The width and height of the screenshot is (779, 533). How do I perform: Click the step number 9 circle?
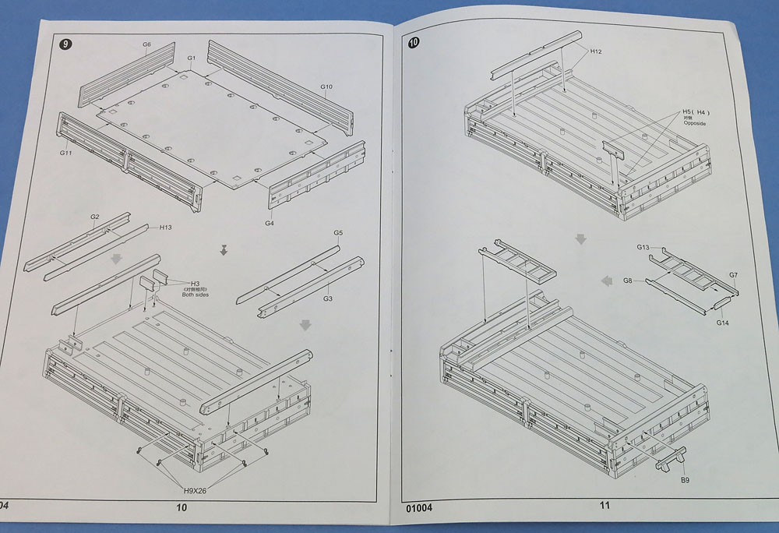[x=66, y=44]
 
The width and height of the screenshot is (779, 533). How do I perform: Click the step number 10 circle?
[x=414, y=44]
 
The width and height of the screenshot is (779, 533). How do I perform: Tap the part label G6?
[x=146, y=44]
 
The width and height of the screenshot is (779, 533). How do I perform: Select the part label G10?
[x=326, y=86]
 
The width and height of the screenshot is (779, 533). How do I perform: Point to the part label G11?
[x=65, y=154]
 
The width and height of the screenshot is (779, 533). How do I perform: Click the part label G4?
[x=269, y=224]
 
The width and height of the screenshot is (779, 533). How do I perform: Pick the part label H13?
[x=166, y=228]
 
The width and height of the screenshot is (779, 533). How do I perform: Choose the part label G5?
[x=338, y=233]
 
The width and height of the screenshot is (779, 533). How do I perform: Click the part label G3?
[x=328, y=298]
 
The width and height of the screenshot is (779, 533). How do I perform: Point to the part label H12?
[x=596, y=51]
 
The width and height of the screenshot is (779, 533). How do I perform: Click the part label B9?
[x=684, y=481]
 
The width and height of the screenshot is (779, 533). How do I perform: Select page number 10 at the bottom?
[x=182, y=507]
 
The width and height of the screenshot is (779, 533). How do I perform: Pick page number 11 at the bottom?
[x=605, y=505]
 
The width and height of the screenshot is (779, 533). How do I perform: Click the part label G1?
[x=192, y=58]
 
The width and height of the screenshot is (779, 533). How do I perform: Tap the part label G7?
[x=733, y=275]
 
